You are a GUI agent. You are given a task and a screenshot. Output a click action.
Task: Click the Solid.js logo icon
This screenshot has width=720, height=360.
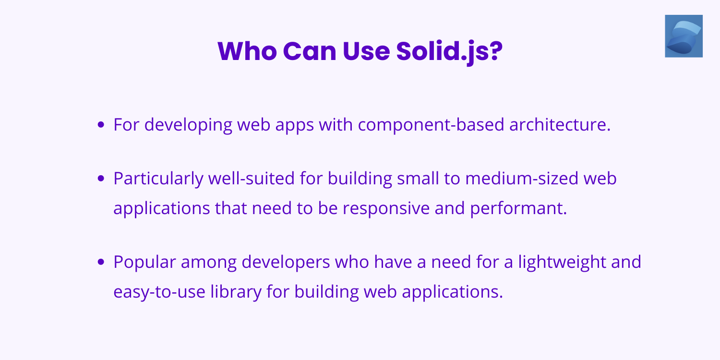pyautogui.click(x=684, y=36)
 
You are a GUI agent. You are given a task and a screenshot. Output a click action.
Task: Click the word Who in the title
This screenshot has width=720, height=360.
pyautogui.click(x=246, y=51)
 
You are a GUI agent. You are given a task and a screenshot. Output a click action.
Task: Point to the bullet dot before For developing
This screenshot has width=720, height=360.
pyautogui.click(x=101, y=125)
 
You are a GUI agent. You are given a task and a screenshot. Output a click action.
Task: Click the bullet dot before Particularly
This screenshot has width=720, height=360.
pyautogui.click(x=101, y=179)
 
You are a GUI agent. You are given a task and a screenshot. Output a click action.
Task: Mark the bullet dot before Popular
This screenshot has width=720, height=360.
pyautogui.click(x=101, y=262)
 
